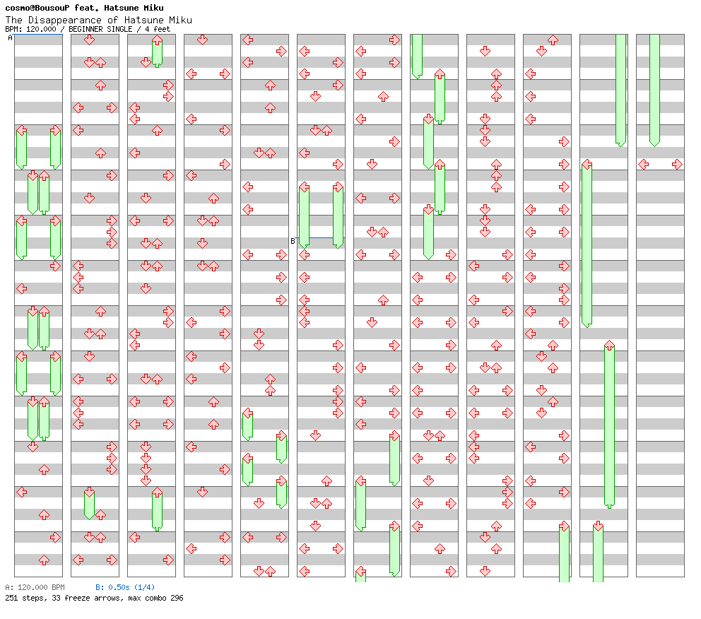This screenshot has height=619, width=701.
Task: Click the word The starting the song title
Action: (x=14, y=20)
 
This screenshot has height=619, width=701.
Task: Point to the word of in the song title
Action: (x=112, y=20)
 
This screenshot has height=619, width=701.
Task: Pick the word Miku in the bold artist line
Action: (x=153, y=8)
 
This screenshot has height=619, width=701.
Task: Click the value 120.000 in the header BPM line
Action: (x=41, y=30)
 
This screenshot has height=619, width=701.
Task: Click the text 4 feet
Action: (x=158, y=30)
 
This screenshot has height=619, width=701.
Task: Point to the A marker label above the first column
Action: (x=11, y=38)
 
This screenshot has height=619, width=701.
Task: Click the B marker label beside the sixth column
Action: (x=293, y=242)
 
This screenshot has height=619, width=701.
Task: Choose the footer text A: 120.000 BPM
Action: (x=35, y=587)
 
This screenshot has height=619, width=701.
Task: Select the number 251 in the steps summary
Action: (x=11, y=598)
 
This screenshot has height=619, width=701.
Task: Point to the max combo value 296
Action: (x=177, y=598)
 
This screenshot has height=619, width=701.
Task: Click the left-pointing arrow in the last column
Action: (x=643, y=165)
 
